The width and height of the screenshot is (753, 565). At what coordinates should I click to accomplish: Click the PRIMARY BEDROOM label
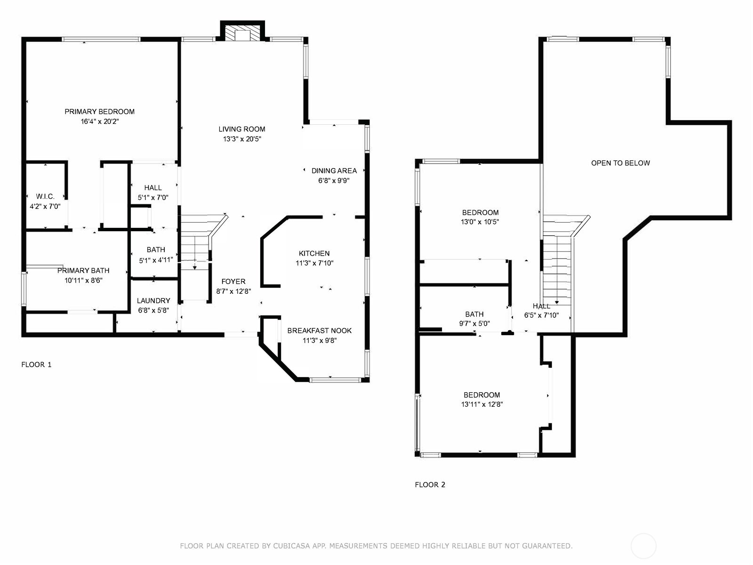tap(99, 112)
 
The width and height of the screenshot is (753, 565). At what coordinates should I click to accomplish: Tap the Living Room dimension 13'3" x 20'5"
tap(242, 139)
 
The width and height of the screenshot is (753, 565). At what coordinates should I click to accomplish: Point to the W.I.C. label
tap(45, 196)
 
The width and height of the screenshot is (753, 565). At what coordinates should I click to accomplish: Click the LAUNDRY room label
tap(153, 300)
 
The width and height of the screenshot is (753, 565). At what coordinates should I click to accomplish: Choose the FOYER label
tap(233, 281)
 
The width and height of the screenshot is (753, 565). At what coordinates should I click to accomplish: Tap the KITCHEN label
tap(314, 253)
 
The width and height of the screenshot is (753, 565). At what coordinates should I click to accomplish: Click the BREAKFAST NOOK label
tap(320, 331)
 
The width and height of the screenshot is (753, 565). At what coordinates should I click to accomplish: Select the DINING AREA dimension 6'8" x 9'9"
tap(334, 180)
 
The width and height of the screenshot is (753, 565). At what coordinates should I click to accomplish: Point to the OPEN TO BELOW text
tap(620, 163)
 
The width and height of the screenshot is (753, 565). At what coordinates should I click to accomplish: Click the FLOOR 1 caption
tap(36, 364)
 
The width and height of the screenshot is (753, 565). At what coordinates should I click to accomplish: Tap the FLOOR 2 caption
tap(430, 484)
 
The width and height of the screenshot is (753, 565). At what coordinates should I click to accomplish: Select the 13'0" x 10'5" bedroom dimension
tap(480, 222)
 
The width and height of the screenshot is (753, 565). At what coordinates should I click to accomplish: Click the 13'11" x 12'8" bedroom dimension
tap(481, 404)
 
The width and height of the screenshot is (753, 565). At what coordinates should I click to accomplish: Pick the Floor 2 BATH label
tap(474, 314)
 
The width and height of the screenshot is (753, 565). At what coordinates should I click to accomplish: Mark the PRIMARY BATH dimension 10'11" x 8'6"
tap(83, 280)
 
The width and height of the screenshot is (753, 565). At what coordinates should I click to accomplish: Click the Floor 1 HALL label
tap(153, 188)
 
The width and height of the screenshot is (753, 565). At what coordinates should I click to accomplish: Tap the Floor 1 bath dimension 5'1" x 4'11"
tap(156, 260)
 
